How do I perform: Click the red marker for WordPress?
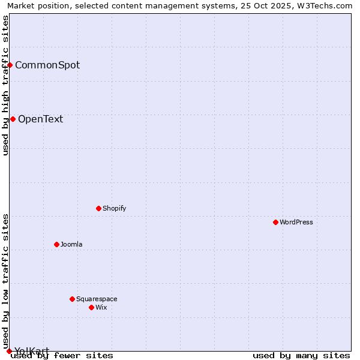275,222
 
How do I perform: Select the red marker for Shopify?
98,208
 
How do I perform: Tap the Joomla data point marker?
56,244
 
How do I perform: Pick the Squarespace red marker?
72,299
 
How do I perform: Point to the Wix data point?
91,307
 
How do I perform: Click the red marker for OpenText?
13,119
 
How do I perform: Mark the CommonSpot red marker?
10,65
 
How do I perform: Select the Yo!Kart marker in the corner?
9,351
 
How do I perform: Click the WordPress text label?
296,222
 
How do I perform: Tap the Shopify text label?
114,208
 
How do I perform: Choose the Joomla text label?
71,244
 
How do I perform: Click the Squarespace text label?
97,299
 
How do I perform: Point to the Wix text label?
101,307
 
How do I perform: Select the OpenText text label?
40,119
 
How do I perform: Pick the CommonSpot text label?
47,65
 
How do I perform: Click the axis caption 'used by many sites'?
301,355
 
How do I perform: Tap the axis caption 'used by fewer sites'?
62,355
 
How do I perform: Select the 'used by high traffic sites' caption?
6,86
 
